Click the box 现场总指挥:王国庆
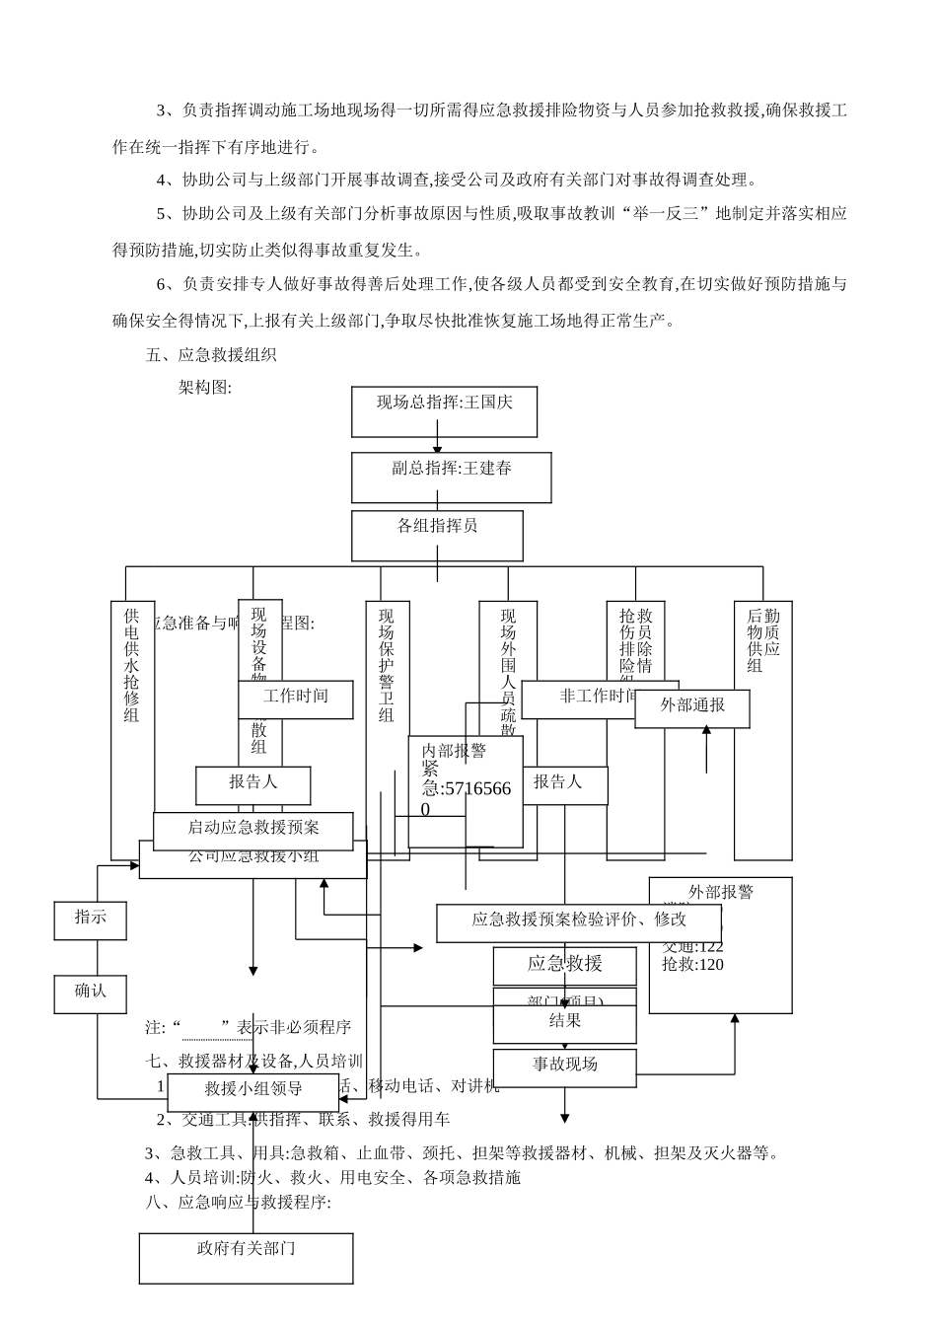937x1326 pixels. tap(444, 410)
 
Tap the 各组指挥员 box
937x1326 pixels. tap(437, 535)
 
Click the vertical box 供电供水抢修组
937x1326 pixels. tap(132, 730)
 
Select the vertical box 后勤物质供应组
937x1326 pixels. tap(762, 730)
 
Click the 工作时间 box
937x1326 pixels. tap(295, 699)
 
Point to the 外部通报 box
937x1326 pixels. tap(691, 707)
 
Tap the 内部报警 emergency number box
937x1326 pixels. tap(466, 790)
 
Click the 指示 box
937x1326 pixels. tap(91, 920)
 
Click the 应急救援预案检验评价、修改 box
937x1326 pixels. tap(579, 921)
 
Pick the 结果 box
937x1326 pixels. tap(564, 1023)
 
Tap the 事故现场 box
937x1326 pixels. tap(564, 1066)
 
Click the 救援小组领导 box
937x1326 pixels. tap(252, 1091)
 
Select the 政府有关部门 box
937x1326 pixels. tap(246, 1258)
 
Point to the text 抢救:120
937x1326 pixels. tap(692, 965)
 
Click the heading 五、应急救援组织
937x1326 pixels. tap(211, 355)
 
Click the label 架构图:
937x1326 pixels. tap(204, 388)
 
